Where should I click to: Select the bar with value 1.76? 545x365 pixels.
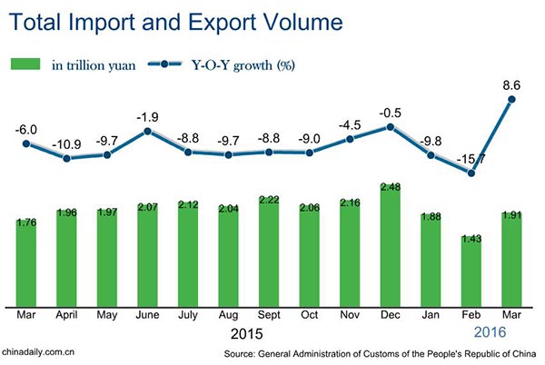point(26,263)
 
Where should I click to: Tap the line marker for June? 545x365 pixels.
point(148,132)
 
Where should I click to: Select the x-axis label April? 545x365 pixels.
point(67,317)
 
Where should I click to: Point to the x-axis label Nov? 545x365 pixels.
point(351,317)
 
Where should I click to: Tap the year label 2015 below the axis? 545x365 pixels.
point(248,335)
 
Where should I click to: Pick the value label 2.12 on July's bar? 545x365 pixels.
point(189,205)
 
